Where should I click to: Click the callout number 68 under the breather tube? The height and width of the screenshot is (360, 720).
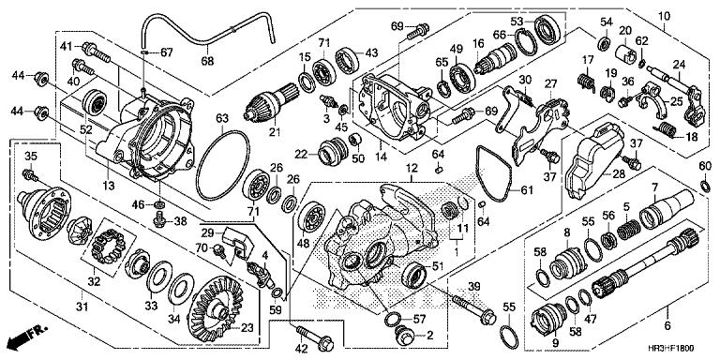(207, 61)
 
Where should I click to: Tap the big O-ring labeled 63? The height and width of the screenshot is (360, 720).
(223, 165)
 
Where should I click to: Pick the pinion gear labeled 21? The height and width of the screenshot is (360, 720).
(272, 103)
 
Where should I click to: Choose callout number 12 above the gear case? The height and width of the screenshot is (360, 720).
(411, 169)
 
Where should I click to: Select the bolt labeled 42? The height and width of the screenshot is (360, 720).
(315, 337)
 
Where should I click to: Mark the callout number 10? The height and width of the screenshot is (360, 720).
(664, 17)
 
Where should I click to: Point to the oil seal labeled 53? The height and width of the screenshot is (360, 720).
(546, 29)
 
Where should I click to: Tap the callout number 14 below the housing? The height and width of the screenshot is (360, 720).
(381, 157)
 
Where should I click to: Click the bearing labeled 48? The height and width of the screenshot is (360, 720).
(312, 217)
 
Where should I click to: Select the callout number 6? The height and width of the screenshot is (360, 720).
(667, 326)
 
